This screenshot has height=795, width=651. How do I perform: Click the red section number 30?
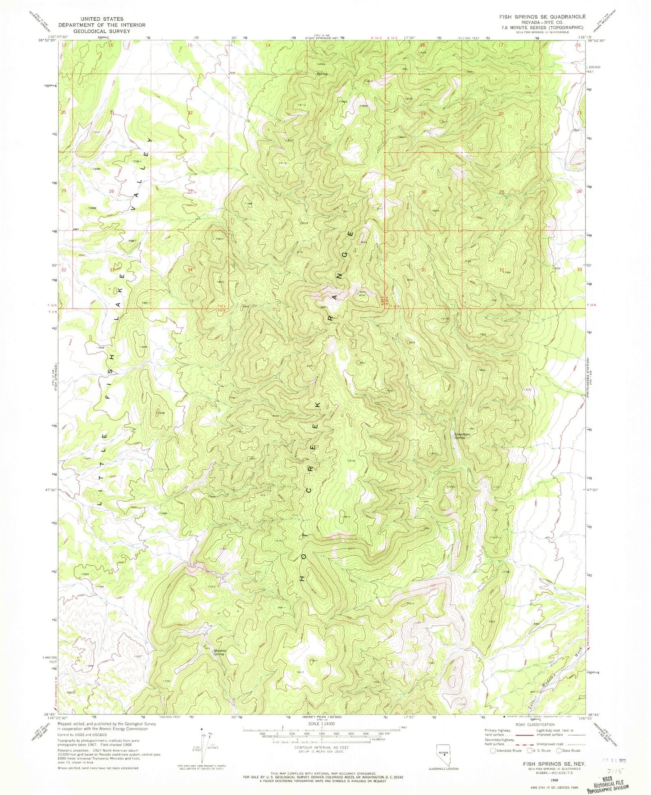point(423,192)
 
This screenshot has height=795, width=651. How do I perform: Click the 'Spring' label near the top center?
point(322,74)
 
